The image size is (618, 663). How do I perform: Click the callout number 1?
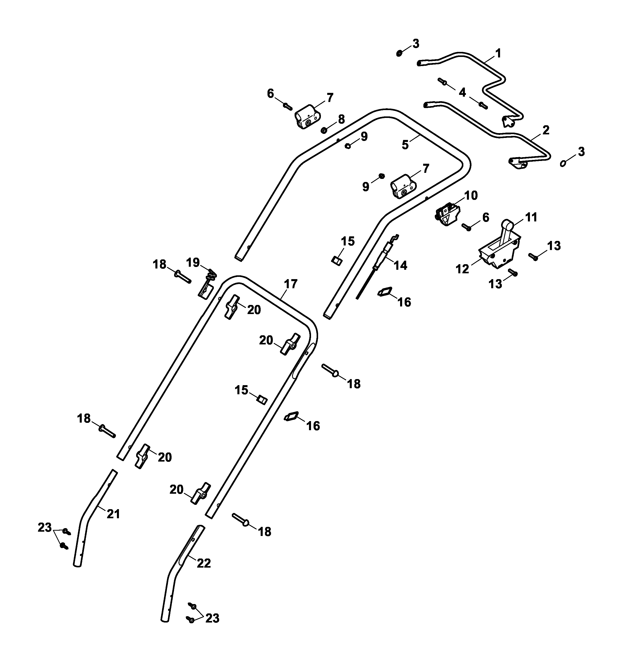[498, 53]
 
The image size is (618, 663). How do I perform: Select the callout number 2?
[546, 130]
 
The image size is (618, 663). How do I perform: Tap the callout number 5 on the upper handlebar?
[405, 145]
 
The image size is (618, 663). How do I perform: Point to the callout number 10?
[471, 195]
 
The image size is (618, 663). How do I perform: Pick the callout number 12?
[462, 269]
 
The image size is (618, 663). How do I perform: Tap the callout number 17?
[291, 284]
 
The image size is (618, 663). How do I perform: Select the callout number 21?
[113, 514]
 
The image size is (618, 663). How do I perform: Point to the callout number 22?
[204, 563]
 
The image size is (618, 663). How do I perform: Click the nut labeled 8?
[323, 129]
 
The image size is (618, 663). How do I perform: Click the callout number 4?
[462, 92]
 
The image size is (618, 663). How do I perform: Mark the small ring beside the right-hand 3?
[563, 163]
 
